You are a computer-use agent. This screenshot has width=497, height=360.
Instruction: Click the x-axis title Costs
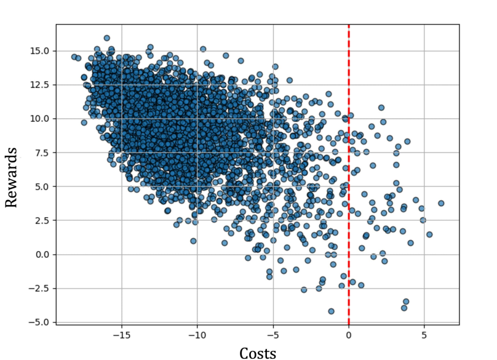tap(258, 351)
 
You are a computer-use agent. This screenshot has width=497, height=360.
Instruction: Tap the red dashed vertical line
tap(349, 185)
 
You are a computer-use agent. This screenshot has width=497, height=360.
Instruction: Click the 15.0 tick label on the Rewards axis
tap(41, 51)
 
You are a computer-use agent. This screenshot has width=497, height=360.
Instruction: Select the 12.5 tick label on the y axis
tap(41, 85)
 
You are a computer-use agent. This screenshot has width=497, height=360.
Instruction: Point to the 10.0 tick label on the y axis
tap(41, 119)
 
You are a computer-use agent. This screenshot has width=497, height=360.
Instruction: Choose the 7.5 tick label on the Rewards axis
tap(43, 153)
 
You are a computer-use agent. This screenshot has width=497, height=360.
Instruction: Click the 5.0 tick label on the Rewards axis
tap(43, 186)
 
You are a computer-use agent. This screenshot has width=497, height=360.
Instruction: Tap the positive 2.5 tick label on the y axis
tap(43, 220)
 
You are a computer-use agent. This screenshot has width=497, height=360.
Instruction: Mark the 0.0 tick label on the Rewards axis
tap(43, 254)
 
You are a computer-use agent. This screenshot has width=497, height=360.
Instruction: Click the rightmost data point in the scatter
tap(441, 203)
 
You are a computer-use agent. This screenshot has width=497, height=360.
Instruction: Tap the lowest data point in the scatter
tap(331, 311)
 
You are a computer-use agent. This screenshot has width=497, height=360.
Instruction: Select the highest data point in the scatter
tap(106, 38)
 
